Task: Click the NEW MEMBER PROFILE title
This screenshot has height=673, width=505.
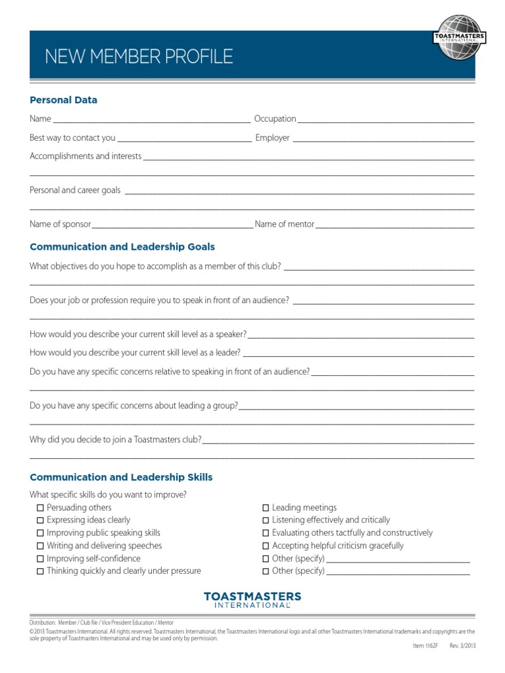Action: [139, 57]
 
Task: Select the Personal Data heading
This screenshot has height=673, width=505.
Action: [63, 100]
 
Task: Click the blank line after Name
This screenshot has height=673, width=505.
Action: [151, 121]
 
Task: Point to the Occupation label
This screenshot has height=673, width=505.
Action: [275, 119]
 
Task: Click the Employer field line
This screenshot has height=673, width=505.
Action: [383, 140]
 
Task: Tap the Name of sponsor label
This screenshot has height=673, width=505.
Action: [60, 224]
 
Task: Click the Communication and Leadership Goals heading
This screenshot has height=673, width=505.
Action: [122, 247]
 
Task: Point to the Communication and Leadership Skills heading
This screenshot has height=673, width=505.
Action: [121, 477]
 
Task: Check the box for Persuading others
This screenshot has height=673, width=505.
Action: [40, 508]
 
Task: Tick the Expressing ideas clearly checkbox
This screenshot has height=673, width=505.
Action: [40, 521]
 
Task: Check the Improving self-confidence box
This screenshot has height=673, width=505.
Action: [40, 559]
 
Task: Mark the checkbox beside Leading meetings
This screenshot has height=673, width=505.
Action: [266, 508]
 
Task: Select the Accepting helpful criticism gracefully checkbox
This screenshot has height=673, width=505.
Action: [266, 546]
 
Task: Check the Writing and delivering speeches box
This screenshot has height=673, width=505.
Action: [40, 546]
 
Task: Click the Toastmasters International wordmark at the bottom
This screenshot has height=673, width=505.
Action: [252, 599]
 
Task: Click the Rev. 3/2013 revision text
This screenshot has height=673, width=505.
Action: [462, 646]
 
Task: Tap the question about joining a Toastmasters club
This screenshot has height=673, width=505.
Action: [116, 440]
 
